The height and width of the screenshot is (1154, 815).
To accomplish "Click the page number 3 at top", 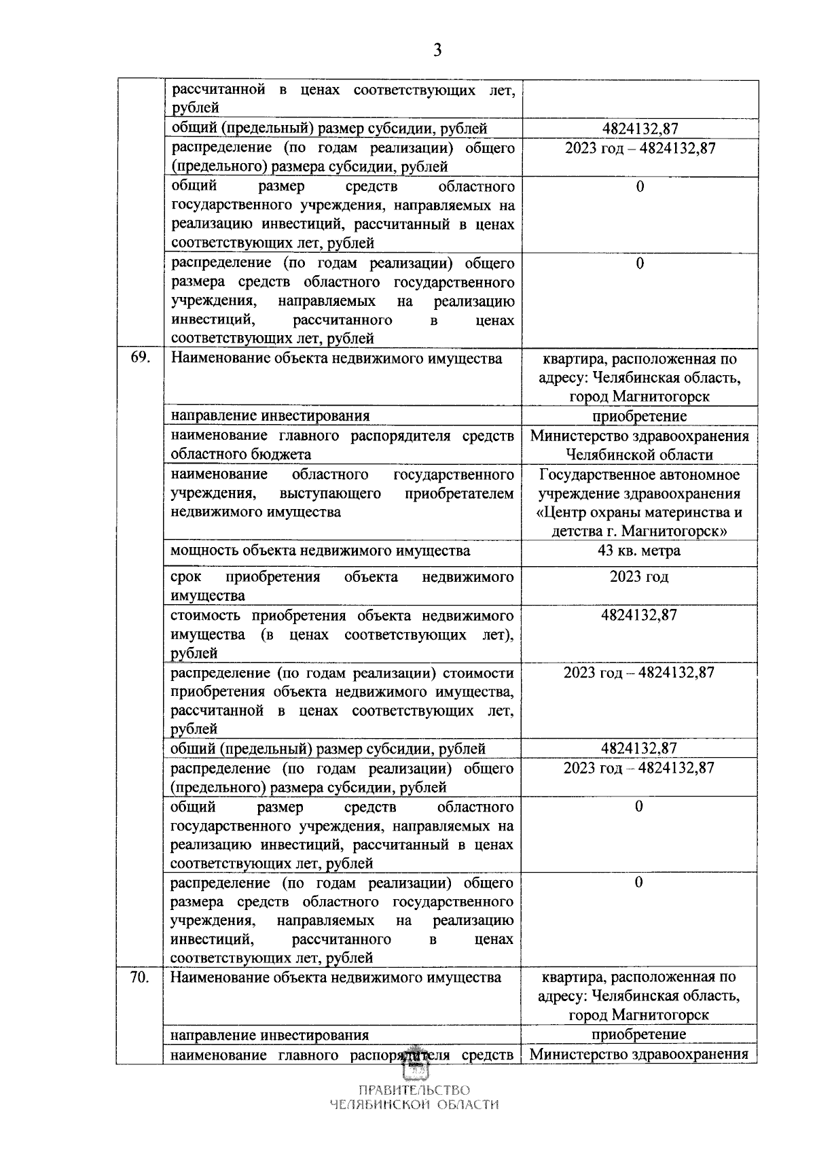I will [x=437, y=49].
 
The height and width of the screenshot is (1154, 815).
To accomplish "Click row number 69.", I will [x=140, y=359].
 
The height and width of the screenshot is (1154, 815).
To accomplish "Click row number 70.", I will [x=140, y=977].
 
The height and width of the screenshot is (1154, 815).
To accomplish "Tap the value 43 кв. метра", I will [x=638, y=550].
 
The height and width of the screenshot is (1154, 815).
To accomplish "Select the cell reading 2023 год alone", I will [x=638, y=576].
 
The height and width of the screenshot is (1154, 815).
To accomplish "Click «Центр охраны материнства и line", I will [x=638, y=512].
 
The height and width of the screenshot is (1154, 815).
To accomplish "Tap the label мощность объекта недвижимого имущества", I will [x=320, y=550].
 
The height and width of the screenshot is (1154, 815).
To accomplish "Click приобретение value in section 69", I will [x=638, y=416].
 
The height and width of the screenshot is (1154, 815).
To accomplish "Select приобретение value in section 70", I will [x=638, y=1034].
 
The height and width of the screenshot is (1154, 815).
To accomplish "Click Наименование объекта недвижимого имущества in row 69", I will [x=336, y=359].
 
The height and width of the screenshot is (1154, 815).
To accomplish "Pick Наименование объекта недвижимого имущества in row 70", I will [x=336, y=977].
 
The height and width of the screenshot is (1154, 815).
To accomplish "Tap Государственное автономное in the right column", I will [x=638, y=474].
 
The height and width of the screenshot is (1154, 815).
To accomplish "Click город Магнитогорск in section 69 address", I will [x=639, y=396].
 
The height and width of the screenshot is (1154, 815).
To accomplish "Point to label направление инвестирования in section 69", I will [x=270, y=416].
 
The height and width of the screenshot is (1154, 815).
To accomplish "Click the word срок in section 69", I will [x=183, y=577].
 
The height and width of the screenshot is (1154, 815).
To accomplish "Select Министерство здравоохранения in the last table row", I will [x=638, y=1055].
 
